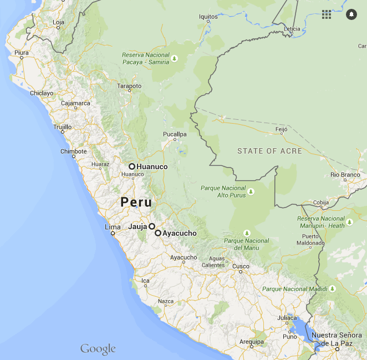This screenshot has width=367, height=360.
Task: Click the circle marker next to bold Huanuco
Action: [132, 166]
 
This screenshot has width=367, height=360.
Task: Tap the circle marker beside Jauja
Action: [151, 226]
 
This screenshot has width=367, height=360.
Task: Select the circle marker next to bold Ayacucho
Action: [158, 234]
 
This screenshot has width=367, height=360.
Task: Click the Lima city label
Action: [113, 227]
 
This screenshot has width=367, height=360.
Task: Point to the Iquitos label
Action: [208, 17]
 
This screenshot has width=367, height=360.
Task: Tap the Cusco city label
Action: [241, 267]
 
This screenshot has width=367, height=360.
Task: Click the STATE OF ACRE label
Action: [269, 151]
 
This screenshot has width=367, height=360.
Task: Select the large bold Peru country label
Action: [136, 202]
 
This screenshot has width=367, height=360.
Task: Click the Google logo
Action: [98, 349]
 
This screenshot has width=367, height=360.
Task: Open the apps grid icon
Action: [327, 14]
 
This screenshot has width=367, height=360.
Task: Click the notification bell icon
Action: [351, 14]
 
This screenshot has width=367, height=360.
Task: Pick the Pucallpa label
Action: [175, 134]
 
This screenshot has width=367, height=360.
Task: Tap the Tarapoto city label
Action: [129, 86]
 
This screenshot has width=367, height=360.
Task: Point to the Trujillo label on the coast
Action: [62, 127]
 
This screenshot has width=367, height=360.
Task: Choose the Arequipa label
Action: [252, 342]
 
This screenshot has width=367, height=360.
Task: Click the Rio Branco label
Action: [345, 175]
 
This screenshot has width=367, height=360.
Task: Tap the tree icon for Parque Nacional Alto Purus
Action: [251, 191]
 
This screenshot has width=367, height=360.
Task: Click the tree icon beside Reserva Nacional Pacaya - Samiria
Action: [175, 58]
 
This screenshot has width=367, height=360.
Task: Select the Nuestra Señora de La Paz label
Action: [338, 339]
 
